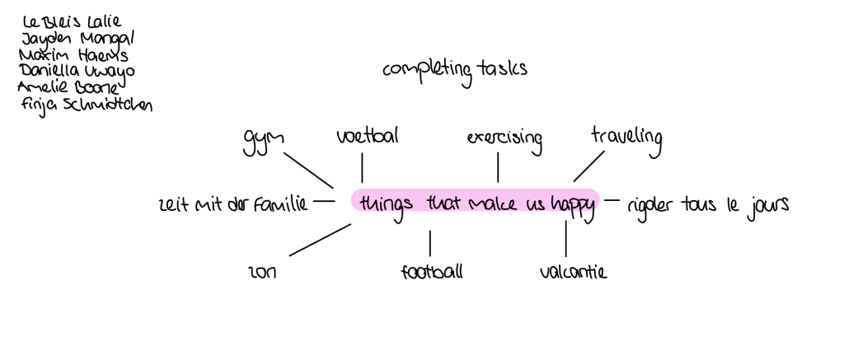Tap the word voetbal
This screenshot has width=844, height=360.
click(x=367, y=136)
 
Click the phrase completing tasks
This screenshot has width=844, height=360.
click(x=454, y=71)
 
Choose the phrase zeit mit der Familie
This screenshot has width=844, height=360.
click(x=232, y=204)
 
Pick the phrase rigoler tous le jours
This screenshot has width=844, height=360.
click(x=707, y=203)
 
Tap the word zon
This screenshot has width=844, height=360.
click(x=263, y=273)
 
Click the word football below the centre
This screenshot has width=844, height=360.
click(x=431, y=271)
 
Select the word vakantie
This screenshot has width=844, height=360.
click(x=573, y=271)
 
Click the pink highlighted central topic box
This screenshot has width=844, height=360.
click(x=476, y=200)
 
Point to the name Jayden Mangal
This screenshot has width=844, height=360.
click(x=77, y=38)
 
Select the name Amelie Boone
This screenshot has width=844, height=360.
click(x=70, y=86)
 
